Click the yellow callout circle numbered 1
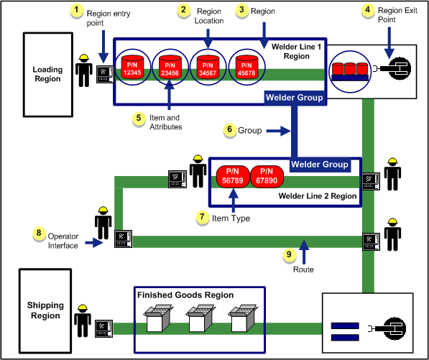[77, 11]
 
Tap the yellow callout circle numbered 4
[368, 10]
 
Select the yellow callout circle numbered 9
[289, 255]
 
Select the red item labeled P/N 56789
[233, 177]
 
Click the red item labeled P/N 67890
[267, 177]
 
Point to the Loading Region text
[47, 74]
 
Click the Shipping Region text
[45, 310]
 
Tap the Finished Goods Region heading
[185, 295]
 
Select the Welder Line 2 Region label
[318, 196]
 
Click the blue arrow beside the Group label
[278, 131]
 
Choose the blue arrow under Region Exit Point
[389, 42]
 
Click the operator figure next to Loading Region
[84, 70]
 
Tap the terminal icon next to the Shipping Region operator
[104, 329]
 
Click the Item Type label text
[231, 218]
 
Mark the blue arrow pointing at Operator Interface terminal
[94, 243]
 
